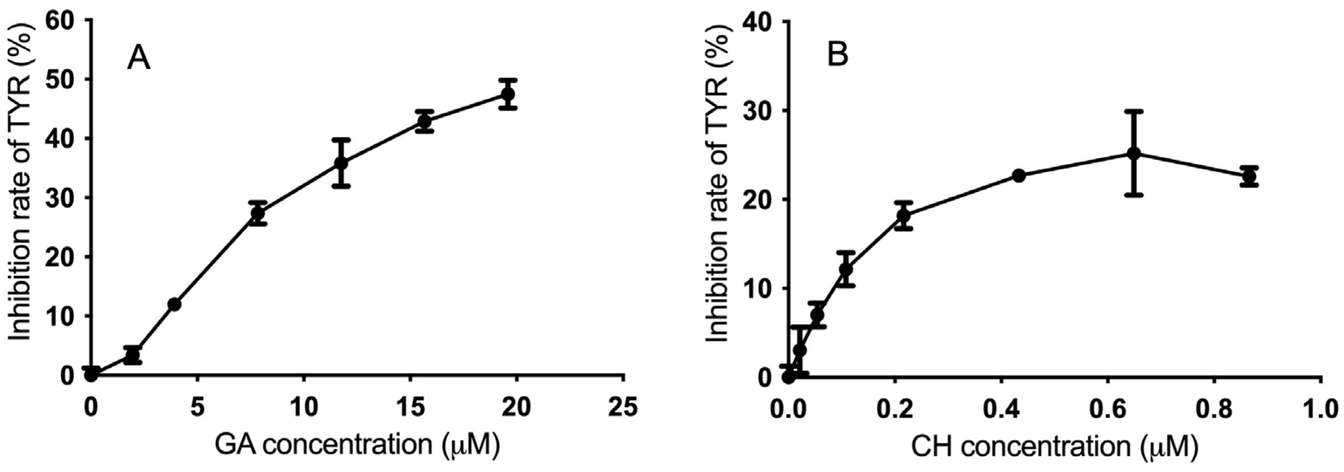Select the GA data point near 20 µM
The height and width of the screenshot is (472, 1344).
(508, 95)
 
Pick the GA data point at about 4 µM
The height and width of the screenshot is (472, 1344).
(175, 304)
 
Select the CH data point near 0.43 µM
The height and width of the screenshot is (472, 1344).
(1019, 176)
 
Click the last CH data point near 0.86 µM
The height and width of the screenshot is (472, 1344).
(1249, 177)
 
